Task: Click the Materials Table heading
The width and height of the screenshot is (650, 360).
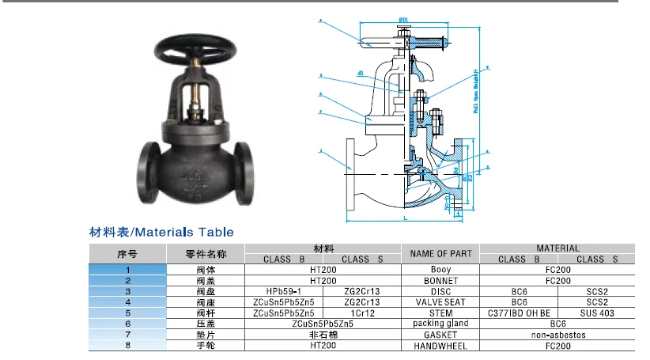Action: coord(161,232)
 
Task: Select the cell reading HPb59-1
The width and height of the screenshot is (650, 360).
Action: coord(283,291)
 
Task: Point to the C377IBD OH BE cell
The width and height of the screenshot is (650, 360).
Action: coord(519,313)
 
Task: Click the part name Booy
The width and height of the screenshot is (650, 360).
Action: coord(440,270)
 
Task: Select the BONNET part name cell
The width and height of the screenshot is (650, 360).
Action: coord(440,281)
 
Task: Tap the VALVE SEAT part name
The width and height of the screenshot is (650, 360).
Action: coord(440,302)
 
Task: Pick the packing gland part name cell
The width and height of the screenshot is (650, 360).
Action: coord(440,324)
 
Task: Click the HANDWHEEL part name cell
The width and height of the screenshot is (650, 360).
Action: coord(440,346)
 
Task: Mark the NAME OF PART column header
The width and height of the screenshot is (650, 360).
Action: coord(440,254)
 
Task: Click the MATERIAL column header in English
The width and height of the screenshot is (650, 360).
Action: coord(557,248)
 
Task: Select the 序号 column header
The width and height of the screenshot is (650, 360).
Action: coord(127,254)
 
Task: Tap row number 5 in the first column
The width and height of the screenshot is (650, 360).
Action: coord(127,313)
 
